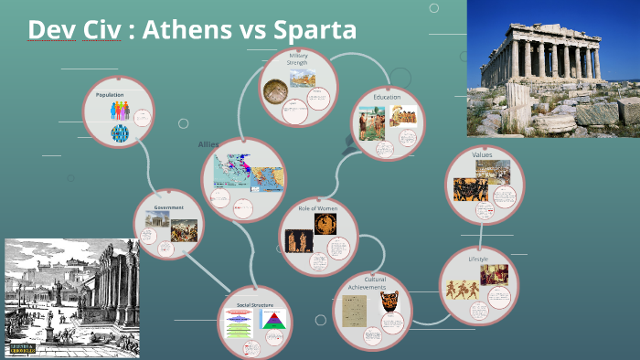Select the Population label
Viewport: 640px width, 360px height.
[x=110, y=94]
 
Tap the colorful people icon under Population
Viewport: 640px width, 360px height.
[x=121, y=111]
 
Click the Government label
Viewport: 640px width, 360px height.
[x=168, y=207]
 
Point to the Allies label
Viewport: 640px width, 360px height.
[x=209, y=144]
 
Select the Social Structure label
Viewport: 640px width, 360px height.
[x=255, y=303]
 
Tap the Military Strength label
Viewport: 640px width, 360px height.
[x=299, y=59]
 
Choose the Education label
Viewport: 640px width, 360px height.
[x=388, y=97]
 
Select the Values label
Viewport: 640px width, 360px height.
[x=483, y=154]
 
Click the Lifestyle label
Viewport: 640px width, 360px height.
[x=478, y=259]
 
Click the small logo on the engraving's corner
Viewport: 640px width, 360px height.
[x=26, y=348]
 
